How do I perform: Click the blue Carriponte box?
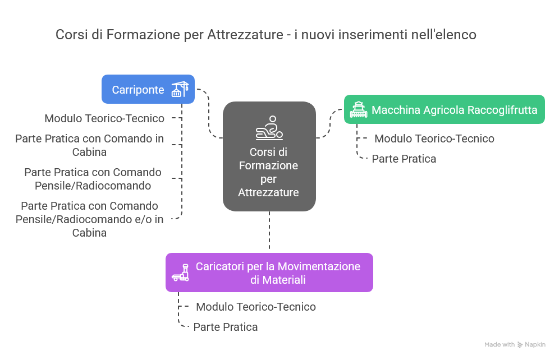(148, 89)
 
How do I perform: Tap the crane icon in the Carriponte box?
(180, 89)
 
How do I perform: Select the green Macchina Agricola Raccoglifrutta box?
(444, 109)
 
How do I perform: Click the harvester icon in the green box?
(358, 109)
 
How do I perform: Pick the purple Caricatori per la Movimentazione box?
(269, 273)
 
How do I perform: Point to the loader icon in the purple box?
(180, 273)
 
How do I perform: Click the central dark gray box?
(269, 156)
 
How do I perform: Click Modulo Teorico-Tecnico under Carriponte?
(104, 118)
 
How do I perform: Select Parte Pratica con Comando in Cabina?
(90, 145)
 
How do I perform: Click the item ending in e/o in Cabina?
(90, 219)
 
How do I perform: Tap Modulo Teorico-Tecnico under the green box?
(434, 139)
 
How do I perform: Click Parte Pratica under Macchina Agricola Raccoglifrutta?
(404, 159)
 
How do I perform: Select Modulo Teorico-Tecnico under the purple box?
(256, 307)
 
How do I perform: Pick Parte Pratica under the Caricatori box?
(226, 327)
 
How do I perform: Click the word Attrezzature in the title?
(245, 35)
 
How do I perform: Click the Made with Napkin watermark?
(515, 344)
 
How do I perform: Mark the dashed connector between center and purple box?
(269, 232)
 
